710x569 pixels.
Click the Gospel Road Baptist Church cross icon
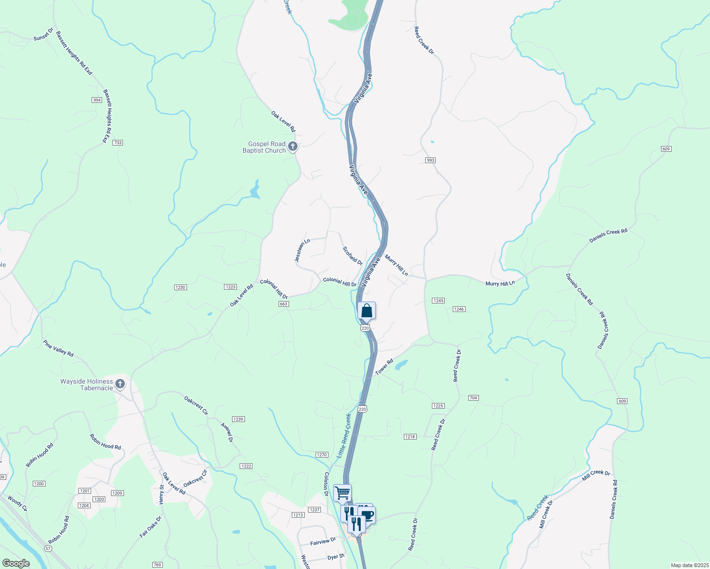click(293, 147)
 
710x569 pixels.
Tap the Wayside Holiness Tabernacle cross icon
click(120, 384)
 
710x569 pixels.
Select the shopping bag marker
click(366, 311)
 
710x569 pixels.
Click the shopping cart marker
click(342, 493)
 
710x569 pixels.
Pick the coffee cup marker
click(367, 515)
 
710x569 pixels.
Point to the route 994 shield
click(97, 100)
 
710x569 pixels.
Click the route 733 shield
click(118, 143)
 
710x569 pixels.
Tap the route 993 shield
click(430, 160)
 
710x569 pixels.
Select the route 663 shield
click(283, 304)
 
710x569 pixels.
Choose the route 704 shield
click(473, 397)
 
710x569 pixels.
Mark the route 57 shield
click(48, 548)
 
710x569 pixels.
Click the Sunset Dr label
click(43, 35)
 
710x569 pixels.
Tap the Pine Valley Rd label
click(58, 348)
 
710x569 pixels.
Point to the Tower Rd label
click(384, 367)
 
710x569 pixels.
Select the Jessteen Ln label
click(302, 250)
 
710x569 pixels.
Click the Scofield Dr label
click(353, 256)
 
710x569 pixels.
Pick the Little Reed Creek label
click(344, 436)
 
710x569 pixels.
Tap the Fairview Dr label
click(323, 541)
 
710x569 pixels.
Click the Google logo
click(16, 563)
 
